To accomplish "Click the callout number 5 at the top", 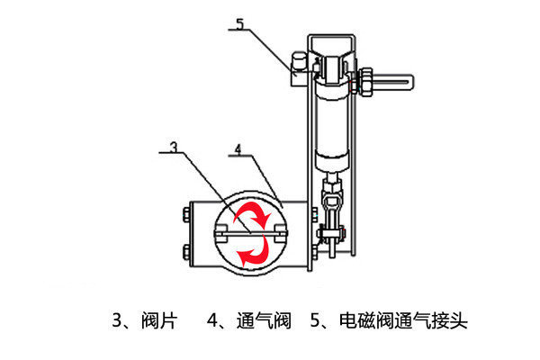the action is coord(239,23).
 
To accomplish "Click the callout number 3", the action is coord(175,147).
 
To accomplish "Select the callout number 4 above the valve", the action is coord(238,149).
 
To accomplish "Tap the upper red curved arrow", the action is coord(252,213).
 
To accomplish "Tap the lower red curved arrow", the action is coord(254,250).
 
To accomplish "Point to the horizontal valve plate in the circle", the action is coord(251,234).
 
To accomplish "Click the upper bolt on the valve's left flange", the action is coord(186,214).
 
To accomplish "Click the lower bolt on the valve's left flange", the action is coord(186,252).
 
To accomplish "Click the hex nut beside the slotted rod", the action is coord(365,82).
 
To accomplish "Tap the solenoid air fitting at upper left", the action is coord(300,69).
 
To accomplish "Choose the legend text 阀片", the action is coord(159,320).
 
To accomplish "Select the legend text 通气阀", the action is coord(264,320).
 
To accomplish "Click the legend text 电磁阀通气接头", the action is coord(403,320).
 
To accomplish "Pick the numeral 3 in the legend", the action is coord(117,320).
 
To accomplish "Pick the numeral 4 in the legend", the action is coord(212,320).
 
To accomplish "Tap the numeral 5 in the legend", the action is coord(316,320).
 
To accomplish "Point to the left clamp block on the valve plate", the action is coord(220,234).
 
